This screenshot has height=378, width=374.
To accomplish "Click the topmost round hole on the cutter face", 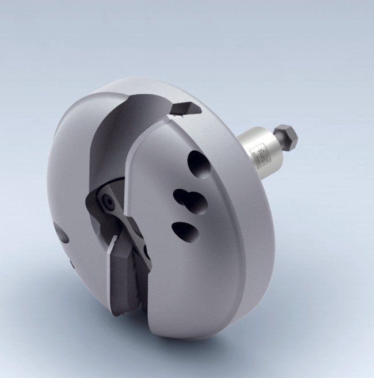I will [x=199, y=164].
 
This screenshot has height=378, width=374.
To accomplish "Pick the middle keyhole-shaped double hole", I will [x=190, y=201].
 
